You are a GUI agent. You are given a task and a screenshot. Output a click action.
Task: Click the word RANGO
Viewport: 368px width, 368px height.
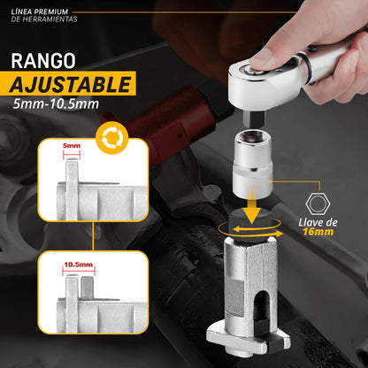click(43, 61)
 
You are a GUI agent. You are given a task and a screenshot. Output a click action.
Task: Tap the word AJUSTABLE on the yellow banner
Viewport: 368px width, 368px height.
click(70, 84)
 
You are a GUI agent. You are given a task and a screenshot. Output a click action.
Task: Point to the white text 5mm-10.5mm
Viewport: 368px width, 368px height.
click(56, 104)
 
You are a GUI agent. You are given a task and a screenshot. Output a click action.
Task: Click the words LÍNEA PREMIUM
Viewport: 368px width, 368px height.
click(40, 12)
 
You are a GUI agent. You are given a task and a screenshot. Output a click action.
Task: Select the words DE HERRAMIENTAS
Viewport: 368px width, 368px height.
click(44, 19)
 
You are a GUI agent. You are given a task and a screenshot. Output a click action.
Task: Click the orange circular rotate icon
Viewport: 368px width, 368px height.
click(112, 138)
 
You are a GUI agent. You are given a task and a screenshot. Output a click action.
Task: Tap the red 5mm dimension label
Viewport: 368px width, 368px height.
click(72, 146)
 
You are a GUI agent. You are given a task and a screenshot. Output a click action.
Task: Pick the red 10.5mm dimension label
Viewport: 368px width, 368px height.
click(79, 264)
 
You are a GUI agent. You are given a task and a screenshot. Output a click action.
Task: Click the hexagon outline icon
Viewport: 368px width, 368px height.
click(318, 203)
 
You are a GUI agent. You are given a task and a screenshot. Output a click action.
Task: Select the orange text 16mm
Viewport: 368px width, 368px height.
click(318, 232)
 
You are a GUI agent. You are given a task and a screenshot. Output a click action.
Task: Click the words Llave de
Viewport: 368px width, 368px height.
click(318, 222)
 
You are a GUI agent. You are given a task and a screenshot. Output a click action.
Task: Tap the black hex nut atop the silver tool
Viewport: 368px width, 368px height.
click(249, 223)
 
